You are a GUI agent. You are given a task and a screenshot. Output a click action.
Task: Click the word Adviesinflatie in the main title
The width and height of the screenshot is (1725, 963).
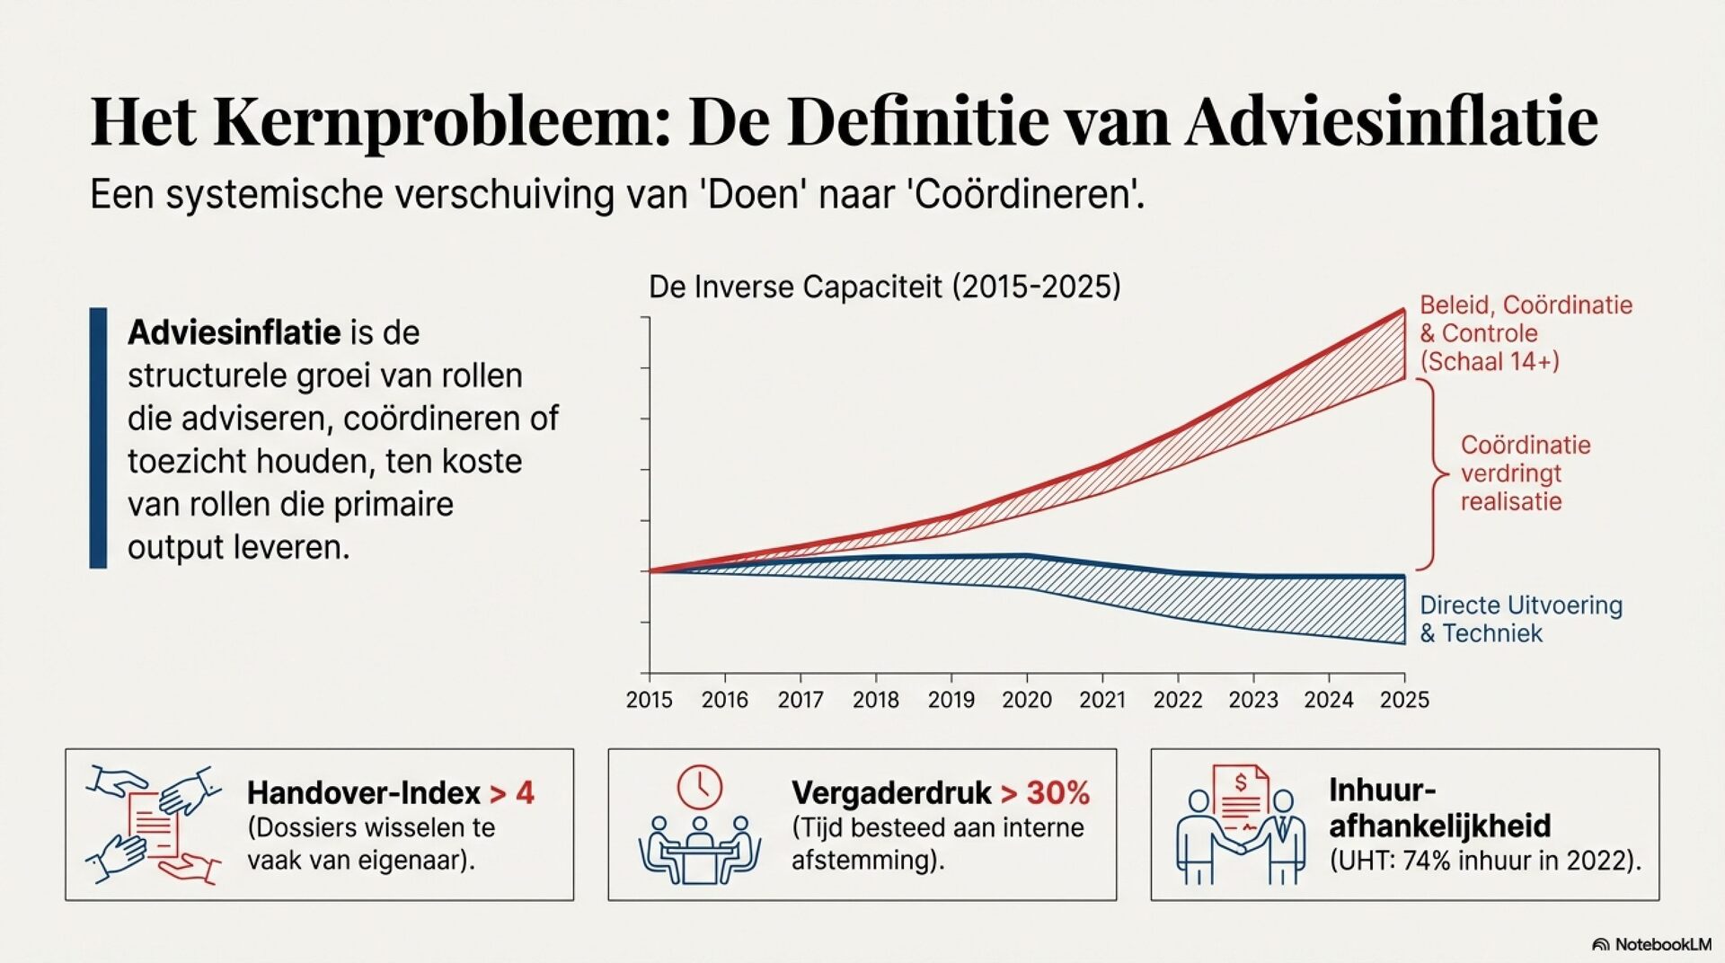(x=1391, y=120)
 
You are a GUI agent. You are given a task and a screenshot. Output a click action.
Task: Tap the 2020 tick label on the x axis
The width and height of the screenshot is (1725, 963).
(x=1027, y=700)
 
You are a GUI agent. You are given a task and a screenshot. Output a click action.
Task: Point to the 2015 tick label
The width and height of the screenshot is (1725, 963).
(x=649, y=700)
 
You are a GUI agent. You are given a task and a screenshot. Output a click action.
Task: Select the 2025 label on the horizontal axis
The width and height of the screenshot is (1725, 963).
(x=1404, y=700)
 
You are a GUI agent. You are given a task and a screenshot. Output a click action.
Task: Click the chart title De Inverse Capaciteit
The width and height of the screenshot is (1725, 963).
(x=884, y=287)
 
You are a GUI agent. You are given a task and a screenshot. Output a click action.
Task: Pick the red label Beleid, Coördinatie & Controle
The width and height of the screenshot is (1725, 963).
(x=1525, y=333)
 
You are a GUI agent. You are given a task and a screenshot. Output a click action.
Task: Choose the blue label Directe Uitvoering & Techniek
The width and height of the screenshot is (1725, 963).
(x=1520, y=619)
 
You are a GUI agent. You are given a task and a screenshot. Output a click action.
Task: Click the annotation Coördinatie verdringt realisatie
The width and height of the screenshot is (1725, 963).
(x=1524, y=473)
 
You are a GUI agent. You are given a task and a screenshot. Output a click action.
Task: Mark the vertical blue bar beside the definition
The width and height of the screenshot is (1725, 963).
(x=98, y=437)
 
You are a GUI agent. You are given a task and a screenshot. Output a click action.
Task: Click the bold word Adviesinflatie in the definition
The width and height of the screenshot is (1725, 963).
(x=234, y=333)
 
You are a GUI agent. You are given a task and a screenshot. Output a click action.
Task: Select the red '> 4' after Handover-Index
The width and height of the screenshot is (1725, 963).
(x=512, y=793)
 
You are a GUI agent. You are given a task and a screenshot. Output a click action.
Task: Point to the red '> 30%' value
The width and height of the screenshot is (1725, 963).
(x=1045, y=793)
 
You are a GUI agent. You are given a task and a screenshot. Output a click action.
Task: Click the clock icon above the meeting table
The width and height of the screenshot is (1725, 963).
(x=699, y=788)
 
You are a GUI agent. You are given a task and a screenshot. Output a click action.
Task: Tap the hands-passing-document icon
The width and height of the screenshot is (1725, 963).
(x=154, y=824)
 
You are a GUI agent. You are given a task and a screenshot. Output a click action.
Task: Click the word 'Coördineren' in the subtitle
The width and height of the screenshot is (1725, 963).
(x=1028, y=194)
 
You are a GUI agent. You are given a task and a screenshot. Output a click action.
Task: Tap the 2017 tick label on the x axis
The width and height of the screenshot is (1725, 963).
(x=800, y=700)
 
